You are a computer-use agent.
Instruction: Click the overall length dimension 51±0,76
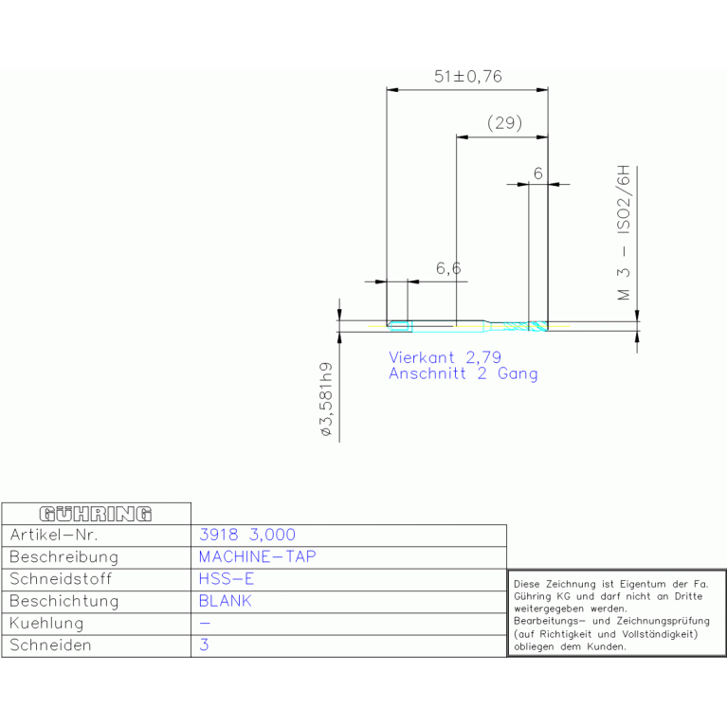pyautogui.click(x=468, y=76)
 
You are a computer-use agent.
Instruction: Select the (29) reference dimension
pyautogui.click(x=504, y=123)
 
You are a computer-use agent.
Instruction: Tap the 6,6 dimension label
pyautogui.click(x=448, y=268)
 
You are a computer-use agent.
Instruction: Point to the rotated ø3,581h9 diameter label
pyautogui.click(x=326, y=399)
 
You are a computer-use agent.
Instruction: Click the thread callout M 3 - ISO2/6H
pyautogui.click(x=624, y=232)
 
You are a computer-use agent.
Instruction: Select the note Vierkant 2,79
pyautogui.click(x=445, y=357)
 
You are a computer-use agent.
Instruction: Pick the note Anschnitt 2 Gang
pyautogui.click(x=463, y=373)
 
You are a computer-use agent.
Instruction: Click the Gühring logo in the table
pyautogui.click(x=96, y=514)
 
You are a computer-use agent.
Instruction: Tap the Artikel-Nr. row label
pyautogui.click(x=54, y=535)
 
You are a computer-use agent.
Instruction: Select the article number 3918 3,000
pyautogui.click(x=247, y=535)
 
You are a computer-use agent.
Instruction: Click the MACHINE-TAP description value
pyautogui.click(x=257, y=556)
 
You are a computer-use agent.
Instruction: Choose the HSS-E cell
pyautogui.click(x=227, y=579)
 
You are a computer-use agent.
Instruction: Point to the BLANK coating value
pyautogui.click(x=225, y=601)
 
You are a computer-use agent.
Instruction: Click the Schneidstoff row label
pyautogui.click(x=61, y=579)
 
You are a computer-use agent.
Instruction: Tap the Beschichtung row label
pyautogui.click(x=64, y=601)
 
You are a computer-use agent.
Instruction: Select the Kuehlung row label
pyautogui.click(x=46, y=624)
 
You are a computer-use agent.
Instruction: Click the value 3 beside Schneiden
pyautogui.click(x=204, y=645)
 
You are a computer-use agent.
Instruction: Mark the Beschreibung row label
pyautogui.click(x=64, y=557)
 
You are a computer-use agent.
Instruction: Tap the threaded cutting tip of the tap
pyautogui.click(x=538, y=326)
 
